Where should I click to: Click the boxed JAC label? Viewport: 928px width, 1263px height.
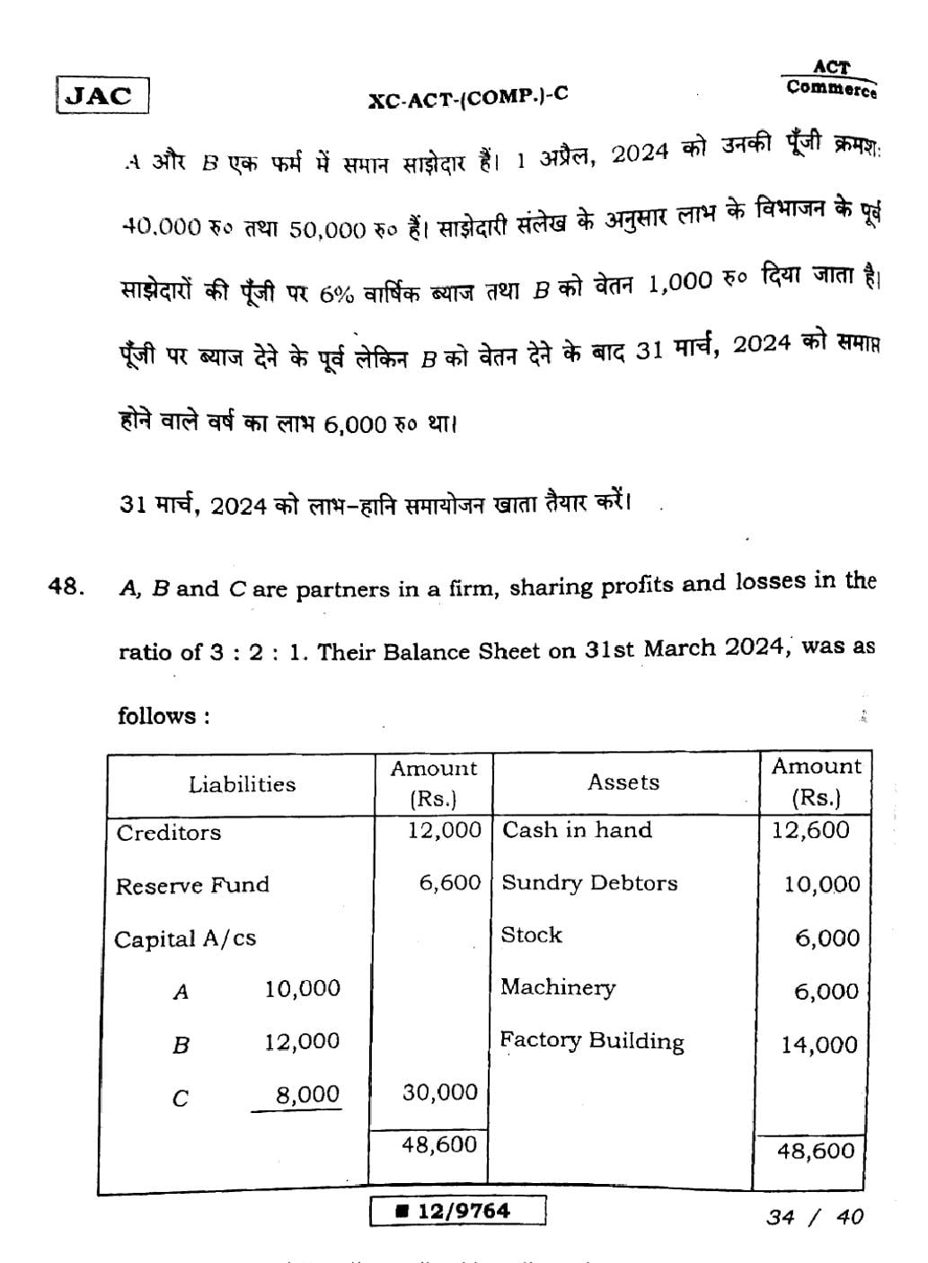(x=102, y=95)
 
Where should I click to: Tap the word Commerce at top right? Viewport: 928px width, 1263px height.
(x=831, y=88)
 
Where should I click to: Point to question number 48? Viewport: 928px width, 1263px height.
(x=66, y=588)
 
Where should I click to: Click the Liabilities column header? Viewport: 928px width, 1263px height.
(x=242, y=784)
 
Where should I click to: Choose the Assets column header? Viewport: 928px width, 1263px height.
(x=623, y=782)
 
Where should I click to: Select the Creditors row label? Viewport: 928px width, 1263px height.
(x=169, y=833)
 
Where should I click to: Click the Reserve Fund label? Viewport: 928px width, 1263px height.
(x=192, y=886)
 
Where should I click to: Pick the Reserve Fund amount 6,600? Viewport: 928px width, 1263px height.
(x=450, y=883)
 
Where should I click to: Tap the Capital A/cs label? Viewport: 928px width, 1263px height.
(x=185, y=940)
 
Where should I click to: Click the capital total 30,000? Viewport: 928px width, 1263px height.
(x=439, y=1092)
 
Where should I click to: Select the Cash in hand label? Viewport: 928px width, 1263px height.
(x=577, y=830)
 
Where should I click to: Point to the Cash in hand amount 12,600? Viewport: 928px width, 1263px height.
(x=809, y=830)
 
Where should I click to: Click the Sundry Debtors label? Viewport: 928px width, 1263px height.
(x=589, y=883)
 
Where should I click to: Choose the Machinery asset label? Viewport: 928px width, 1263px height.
(x=558, y=988)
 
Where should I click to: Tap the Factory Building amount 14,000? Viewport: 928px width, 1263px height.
(x=818, y=1045)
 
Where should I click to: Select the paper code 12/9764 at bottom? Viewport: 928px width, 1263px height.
(x=458, y=1211)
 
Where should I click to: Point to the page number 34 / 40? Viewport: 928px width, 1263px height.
(x=815, y=1216)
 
